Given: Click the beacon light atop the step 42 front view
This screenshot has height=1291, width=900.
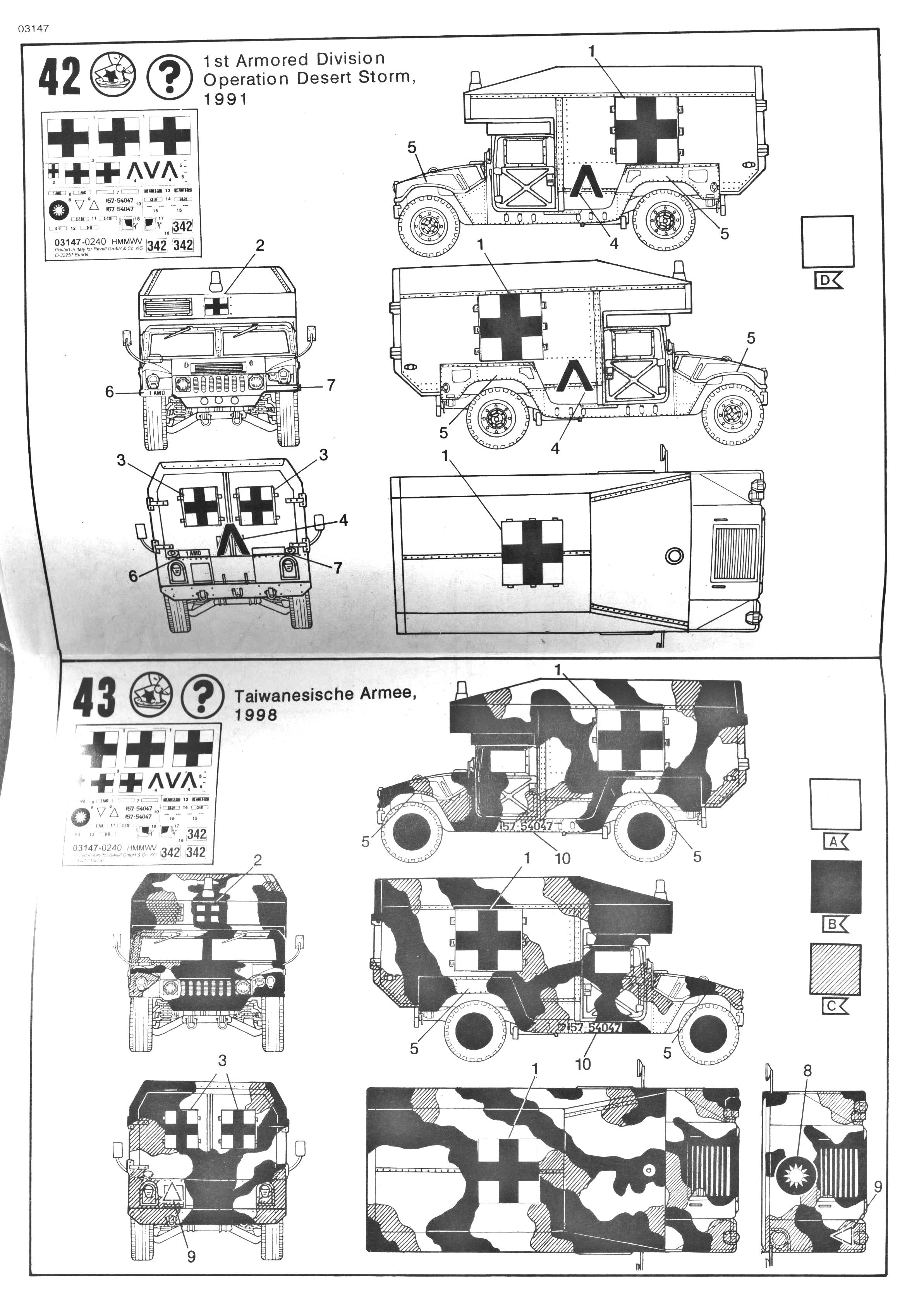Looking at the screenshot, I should tap(216, 279).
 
